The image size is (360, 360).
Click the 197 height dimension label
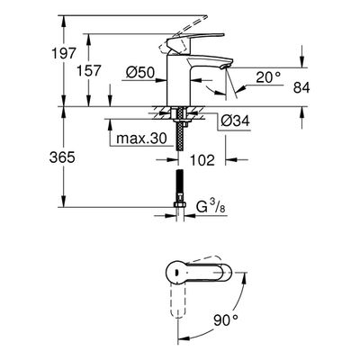pos(64,53)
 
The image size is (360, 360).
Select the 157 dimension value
pos(89,71)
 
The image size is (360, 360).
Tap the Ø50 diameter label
pos(140,73)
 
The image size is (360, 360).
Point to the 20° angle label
pos(268,77)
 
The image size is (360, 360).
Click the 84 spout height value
pos(301,88)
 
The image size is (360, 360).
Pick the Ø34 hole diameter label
pos(235,121)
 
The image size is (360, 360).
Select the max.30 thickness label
pos(141,139)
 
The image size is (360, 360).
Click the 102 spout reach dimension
pos(202,160)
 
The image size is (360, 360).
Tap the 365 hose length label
pos(62,157)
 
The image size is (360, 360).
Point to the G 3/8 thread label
pos(211,206)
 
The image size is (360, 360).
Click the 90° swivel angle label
pos(226,320)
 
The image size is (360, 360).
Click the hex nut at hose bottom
pos(179,204)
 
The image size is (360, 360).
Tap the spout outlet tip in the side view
pos(224,67)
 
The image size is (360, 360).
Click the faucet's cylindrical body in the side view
pos(179,79)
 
